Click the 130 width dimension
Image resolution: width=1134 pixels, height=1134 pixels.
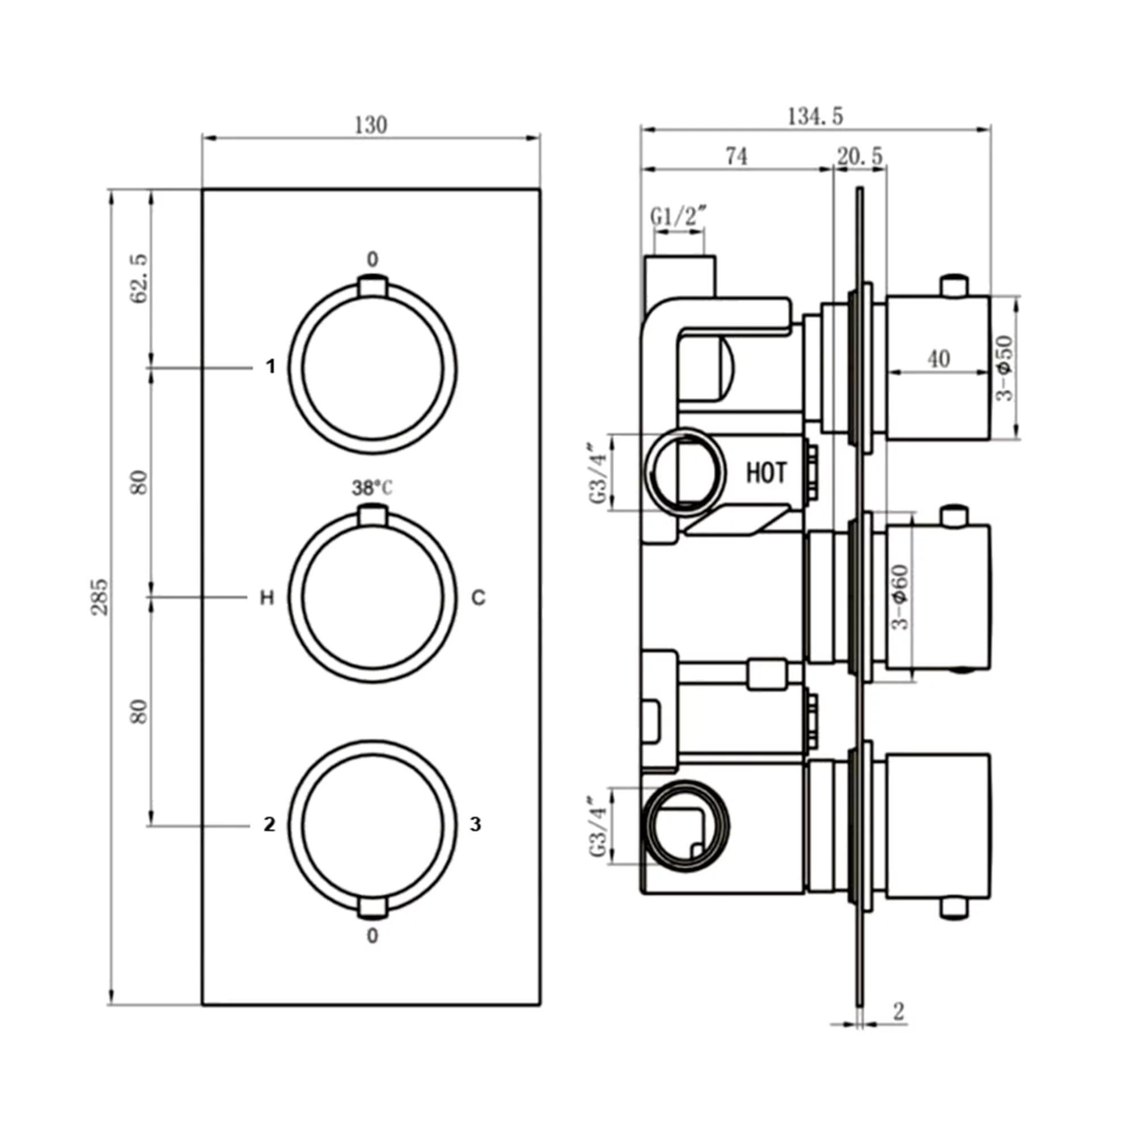[x=371, y=125]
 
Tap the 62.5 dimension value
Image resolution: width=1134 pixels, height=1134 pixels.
[x=139, y=279]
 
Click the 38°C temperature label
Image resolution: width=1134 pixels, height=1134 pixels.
[x=372, y=488]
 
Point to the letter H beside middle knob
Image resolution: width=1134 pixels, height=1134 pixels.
[x=267, y=598]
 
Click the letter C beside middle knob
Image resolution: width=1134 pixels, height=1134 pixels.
[x=479, y=598]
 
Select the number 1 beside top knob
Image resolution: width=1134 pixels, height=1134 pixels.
[x=270, y=367]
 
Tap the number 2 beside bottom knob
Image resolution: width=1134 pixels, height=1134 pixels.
[x=269, y=824]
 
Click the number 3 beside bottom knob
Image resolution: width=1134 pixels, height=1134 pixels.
[x=476, y=824]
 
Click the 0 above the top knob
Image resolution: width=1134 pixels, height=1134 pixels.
[x=373, y=259]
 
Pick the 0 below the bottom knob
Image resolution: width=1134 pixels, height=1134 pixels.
[x=373, y=936]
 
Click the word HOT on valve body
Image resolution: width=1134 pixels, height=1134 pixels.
[x=766, y=473]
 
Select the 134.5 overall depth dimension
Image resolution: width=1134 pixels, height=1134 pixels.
[x=815, y=116]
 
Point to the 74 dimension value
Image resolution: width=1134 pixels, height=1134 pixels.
[x=737, y=156]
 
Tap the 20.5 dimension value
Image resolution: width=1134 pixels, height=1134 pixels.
[x=860, y=156]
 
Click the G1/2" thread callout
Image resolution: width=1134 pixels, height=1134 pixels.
[x=678, y=217]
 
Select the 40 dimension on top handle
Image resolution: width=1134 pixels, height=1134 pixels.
[x=938, y=359]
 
